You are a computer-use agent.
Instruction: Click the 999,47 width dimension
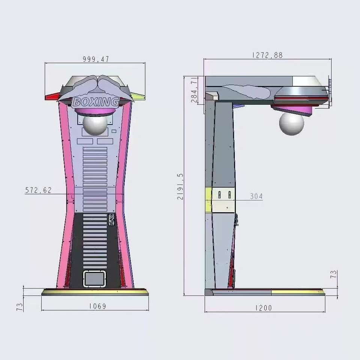(x=96, y=59)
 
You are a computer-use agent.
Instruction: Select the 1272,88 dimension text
(x=267, y=55)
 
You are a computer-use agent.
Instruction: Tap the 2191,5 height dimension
(x=180, y=186)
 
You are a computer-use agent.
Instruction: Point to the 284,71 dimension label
(x=194, y=90)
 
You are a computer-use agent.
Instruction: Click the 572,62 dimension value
(x=38, y=190)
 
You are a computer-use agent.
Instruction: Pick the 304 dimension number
(x=256, y=196)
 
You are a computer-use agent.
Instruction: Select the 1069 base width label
(x=97, y=306)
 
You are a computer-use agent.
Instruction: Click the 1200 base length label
(x=264, y=307)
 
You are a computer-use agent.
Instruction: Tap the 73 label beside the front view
(x=20, y=307)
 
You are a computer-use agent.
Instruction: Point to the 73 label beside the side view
(x=333, y=274)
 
